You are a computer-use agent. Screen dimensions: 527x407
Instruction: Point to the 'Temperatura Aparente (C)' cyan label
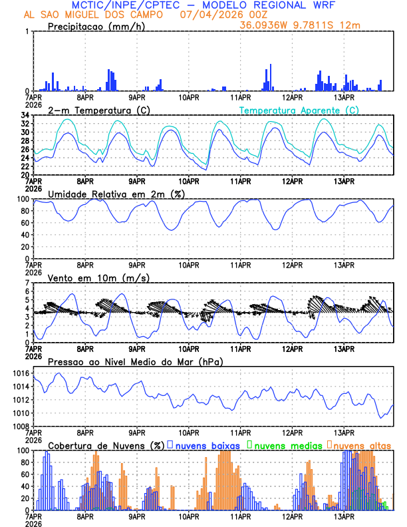pos(299,110)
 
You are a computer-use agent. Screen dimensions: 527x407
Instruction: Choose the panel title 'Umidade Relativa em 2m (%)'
pos(114,194)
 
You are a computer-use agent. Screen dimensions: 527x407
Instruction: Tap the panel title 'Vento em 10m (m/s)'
pos(98,277)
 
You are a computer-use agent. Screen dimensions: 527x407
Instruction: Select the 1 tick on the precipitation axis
pos(27,32)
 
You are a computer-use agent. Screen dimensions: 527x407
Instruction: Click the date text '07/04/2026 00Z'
pos(219,15)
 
